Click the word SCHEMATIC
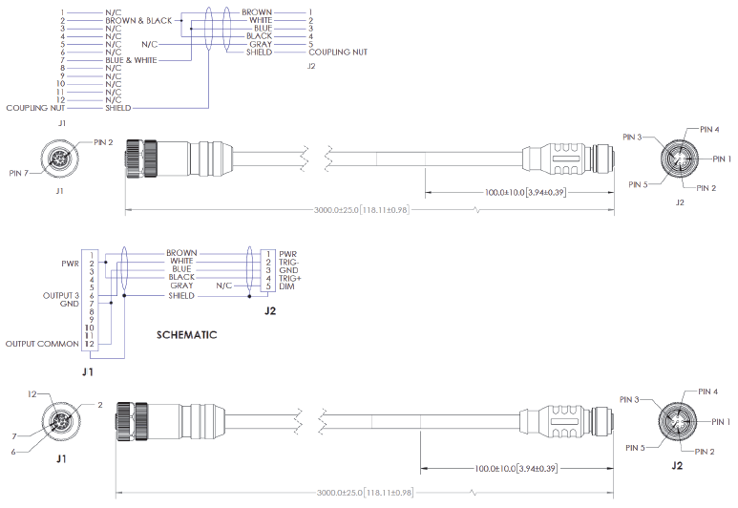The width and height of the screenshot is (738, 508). tap(186, 335)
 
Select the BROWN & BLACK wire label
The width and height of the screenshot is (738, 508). tap(138, 20)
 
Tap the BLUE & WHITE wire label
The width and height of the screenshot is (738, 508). tap(132, 60)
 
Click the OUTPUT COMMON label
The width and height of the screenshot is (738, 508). tap(43, 343)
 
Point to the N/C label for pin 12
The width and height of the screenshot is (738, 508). tap(113, 100)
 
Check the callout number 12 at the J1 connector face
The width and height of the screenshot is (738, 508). tap(32, 393)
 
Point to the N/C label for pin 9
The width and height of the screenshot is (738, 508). tap(113, 76)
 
